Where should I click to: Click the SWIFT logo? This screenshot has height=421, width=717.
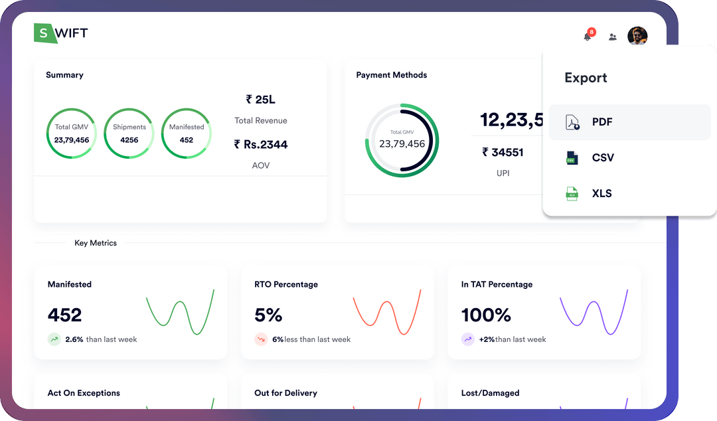coord(60,33)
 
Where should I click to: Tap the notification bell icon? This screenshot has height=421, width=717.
coord(588,37)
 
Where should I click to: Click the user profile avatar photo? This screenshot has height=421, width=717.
coord(637,37)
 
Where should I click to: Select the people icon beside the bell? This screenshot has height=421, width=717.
coord(613,37)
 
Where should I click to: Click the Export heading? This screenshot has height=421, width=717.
coord(586,78)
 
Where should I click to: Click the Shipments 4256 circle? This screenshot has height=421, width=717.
coord(129,133)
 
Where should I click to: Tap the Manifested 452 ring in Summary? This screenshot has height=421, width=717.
coord(187,133)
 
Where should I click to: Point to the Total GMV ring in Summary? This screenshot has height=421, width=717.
coord(72,133)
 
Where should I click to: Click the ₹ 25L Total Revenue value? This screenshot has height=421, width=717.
coord(260,100)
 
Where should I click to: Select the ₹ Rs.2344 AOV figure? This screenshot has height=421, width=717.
coord(260,145)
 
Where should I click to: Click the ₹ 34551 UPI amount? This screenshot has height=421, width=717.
coord(503,153)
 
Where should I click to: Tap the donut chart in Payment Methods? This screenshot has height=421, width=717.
coord(402,139)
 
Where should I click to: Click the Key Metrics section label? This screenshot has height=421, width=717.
coord(96,243)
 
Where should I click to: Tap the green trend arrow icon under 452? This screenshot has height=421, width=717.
coord(54,339)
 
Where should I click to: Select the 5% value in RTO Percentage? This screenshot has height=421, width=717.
coord(268,315)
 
